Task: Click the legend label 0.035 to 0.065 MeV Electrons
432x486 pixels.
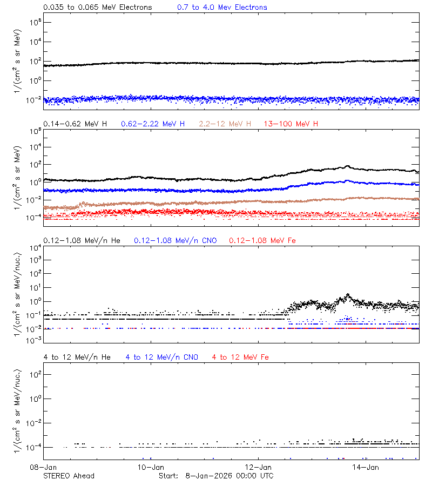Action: click(x=98, y=8)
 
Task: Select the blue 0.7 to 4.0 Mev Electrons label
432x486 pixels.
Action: click(x=222, y=8)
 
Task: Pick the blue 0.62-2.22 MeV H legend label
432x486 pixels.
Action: click(x=153, y=124)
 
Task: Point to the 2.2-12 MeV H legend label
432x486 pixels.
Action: click(x=225, y=124)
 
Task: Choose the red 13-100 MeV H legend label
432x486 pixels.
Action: click(x=291, y=124)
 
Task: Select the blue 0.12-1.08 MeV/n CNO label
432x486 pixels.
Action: click(x=175, y=240)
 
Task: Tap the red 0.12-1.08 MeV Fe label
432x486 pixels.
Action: click(x=262, y=240)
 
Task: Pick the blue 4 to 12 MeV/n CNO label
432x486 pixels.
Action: click(x=162, y=357)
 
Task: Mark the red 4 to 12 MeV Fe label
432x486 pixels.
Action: click(x=241, y=357)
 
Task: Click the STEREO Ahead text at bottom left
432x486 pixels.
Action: click(x=69, y=476)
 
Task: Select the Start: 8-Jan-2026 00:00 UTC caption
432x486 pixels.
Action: click(x=216, y=476)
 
